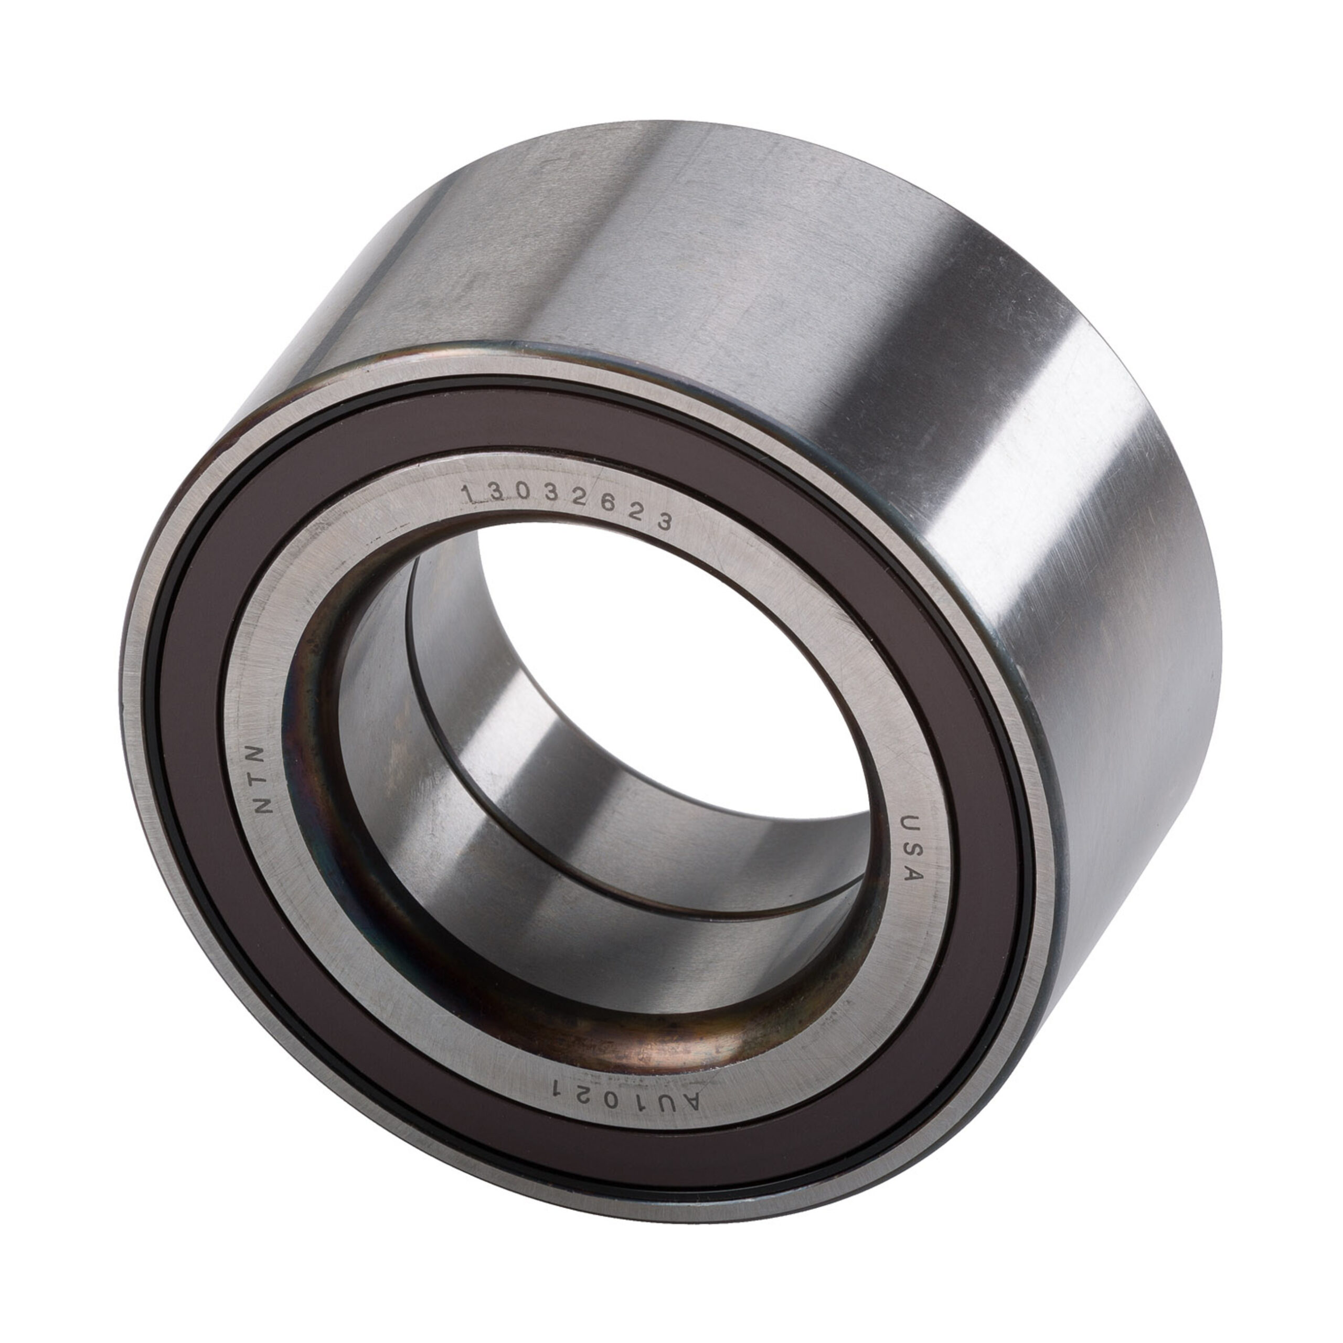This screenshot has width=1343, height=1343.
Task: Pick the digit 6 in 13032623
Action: click(x=606, y=510)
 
